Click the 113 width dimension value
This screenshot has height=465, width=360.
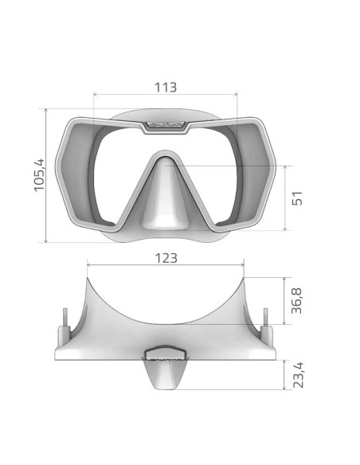[x=165, y=87]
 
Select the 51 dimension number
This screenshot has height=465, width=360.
[x=298, y=198]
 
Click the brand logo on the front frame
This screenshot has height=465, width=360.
[x=166, y=125]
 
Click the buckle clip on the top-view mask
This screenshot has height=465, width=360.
[x=166, y=352]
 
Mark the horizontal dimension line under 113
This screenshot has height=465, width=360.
[x=165, y=95]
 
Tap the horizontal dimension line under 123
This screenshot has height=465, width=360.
[x=165, y=266]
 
